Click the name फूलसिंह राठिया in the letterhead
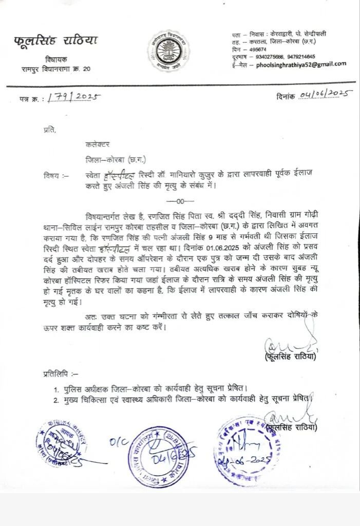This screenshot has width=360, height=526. (x=56, y=42)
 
